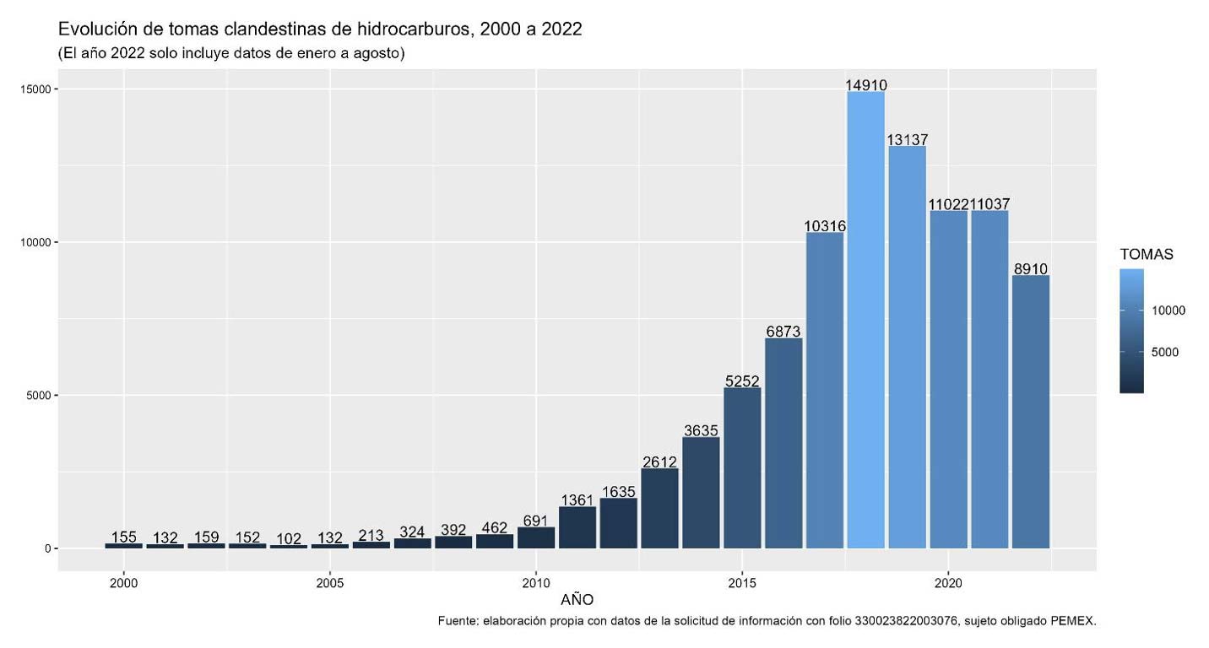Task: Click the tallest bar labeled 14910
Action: click(865, 321)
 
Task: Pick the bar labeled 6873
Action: click(783, 443)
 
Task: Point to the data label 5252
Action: click(743, 381)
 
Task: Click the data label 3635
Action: click(702, 430)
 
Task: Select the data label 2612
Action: click(660, 461)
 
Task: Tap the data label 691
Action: click(536, 521)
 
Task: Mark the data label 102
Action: click(289, 538)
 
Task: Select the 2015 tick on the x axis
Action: click(742, 582)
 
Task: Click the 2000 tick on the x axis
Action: click(124, 582)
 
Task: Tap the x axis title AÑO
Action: click(577, 601)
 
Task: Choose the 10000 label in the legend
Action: click(1168, 310)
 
